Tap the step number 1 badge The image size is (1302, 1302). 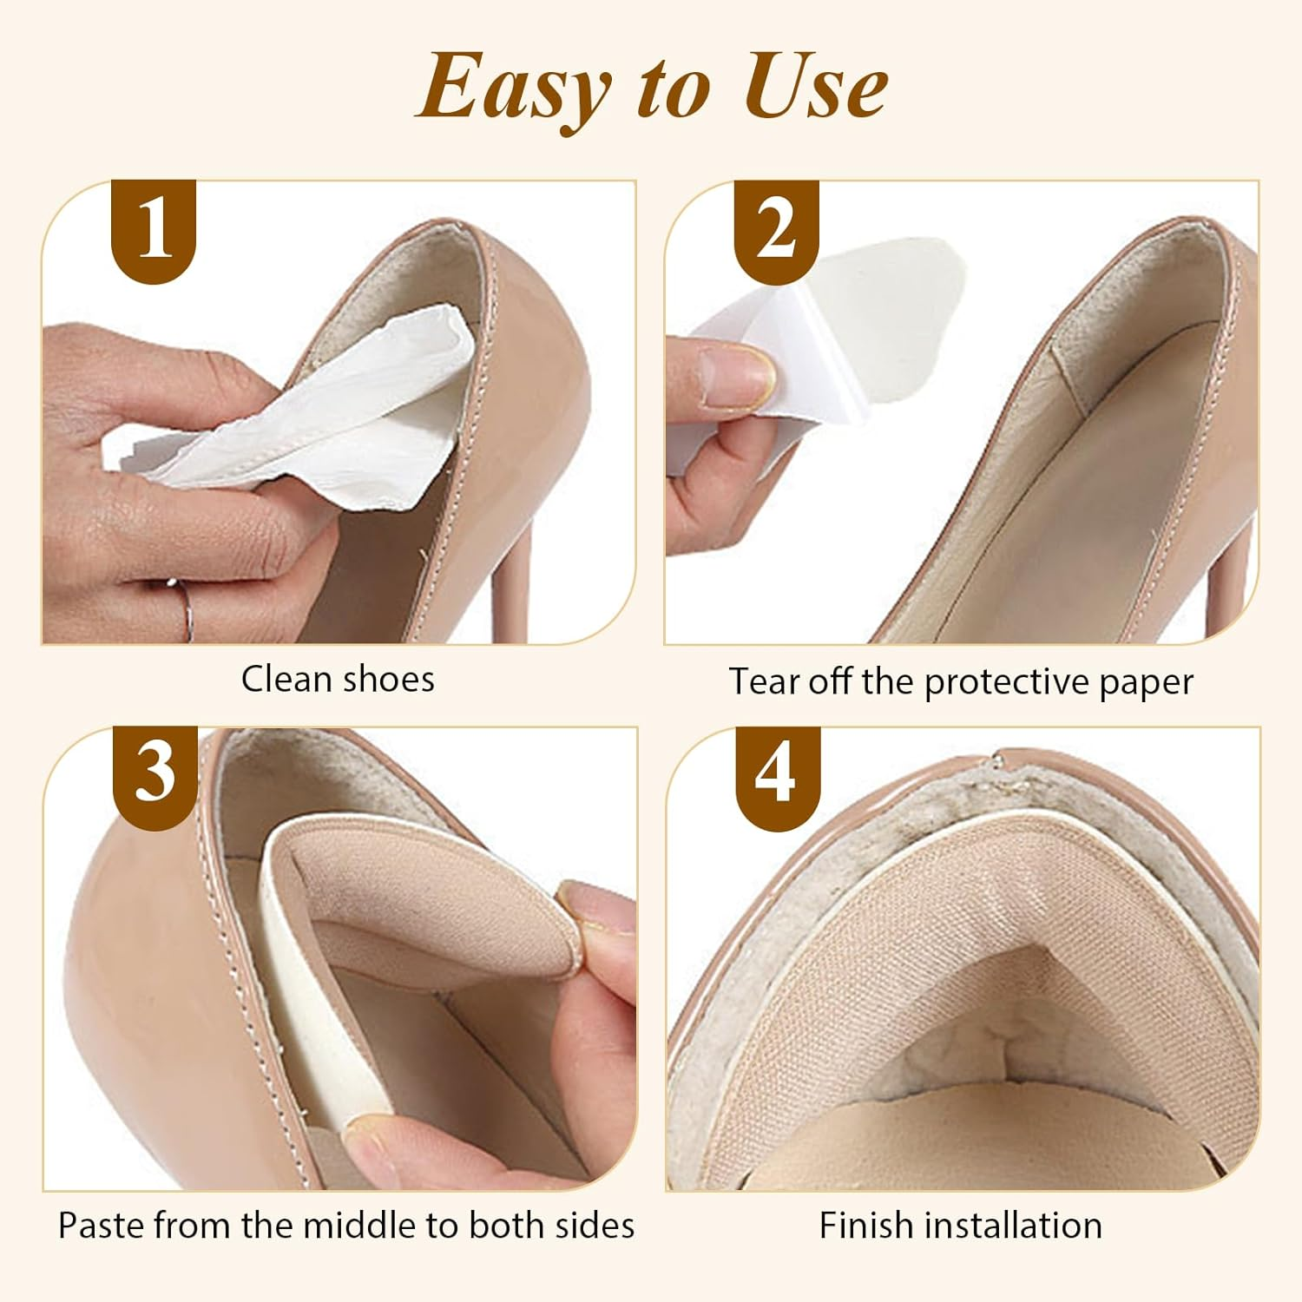coord(155,230)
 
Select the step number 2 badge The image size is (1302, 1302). coord(776,230)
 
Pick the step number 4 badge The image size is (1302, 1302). coord(777,773)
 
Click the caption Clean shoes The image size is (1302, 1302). coord(338,679)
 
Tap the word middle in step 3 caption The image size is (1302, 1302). coord(363,1225)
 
